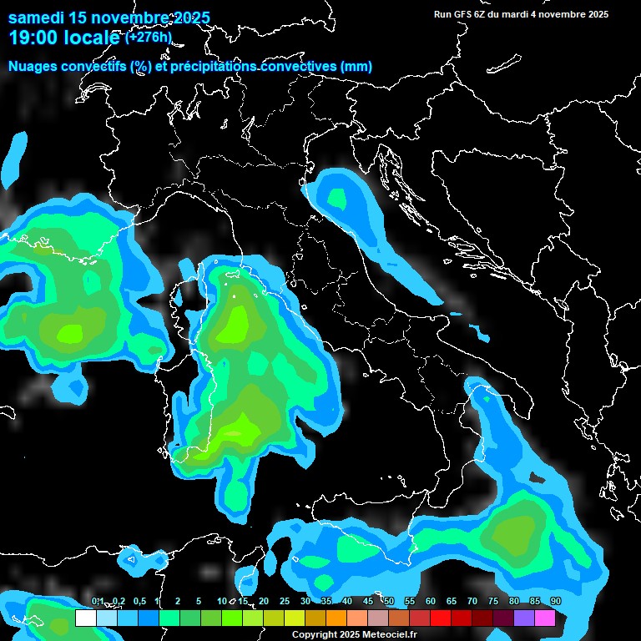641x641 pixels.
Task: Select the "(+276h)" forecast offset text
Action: [149, 37]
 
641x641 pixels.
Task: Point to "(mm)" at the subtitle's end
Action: [356, 66]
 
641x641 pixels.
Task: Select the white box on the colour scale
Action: [85, 618]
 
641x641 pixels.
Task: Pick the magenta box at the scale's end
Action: [544, 618]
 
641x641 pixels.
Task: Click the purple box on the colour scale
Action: [523, 618]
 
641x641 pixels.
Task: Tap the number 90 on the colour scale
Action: [556, 602]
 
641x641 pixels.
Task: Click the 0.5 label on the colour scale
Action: [139, 602]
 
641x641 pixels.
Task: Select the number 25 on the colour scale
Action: [285, 602]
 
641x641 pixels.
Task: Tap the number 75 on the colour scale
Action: [493, 602]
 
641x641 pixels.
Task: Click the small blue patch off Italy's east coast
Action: [480, 333]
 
